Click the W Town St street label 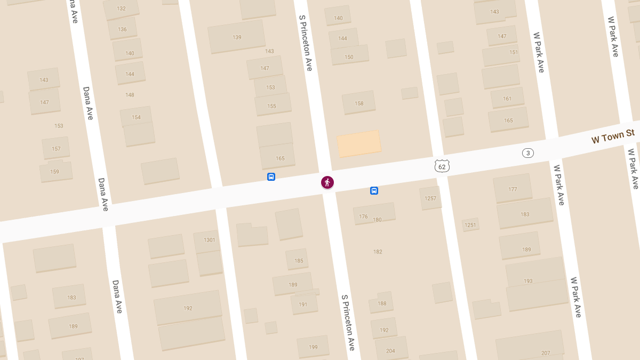click(612, 137)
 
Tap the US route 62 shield click(442, 166)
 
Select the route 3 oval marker click(527, 153)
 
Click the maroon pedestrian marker click(327, 182)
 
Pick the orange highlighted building click(359, 143)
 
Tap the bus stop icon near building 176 click(374, 190)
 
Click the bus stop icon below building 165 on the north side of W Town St click(271, 177)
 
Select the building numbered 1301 click(209, 241)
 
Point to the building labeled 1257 click(430, 198)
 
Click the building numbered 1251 click(470, 225)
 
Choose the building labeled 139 click(237, 37)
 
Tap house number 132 click(121, 9)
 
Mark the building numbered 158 click(359, 103)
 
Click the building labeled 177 click(513, 189)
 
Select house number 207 click(545, 353)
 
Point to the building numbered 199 click(313, 347)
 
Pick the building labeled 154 click(136, 117)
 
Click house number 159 click(54, 171)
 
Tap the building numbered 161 click(507, 98)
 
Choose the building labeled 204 click(390, 350)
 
